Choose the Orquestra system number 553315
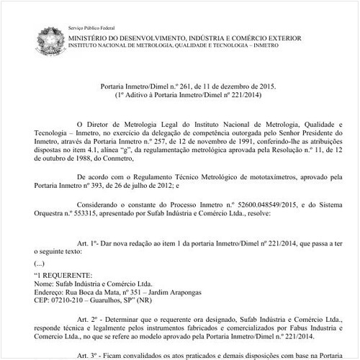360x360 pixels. (x=99, y=217)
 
